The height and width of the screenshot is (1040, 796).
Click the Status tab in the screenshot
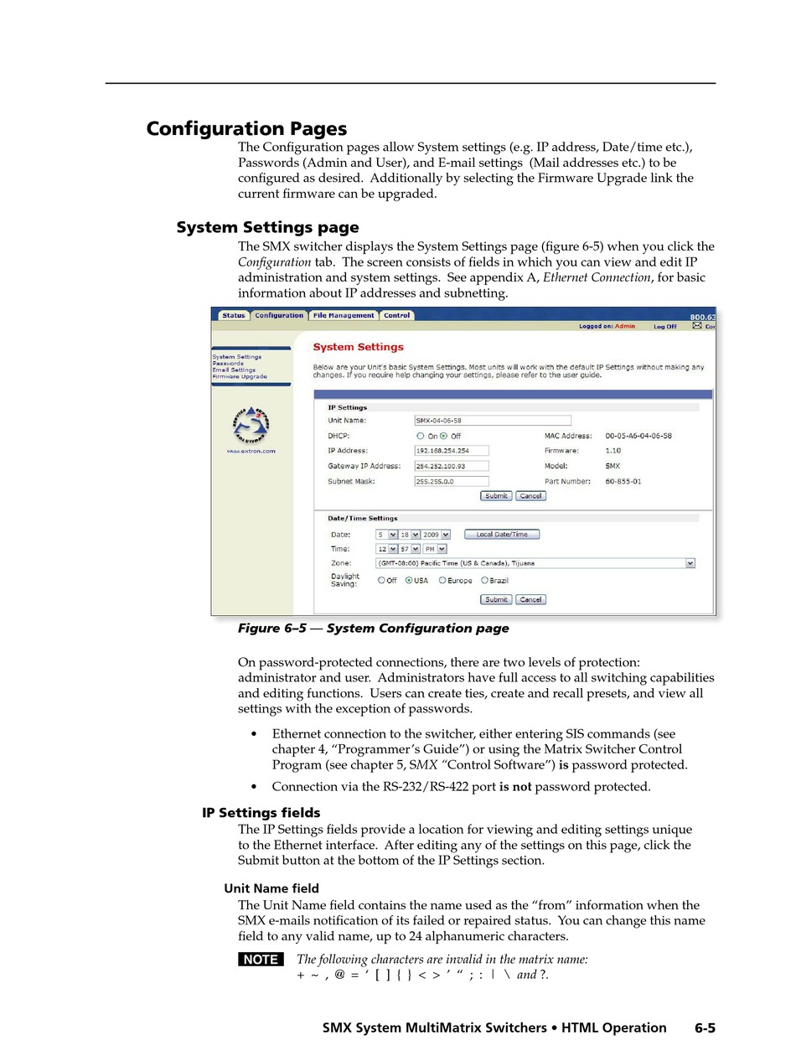point(234,316)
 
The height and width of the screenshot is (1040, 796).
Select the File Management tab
point(344,316)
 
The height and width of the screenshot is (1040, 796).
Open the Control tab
point(396,316)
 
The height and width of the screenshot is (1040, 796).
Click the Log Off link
point(665,326)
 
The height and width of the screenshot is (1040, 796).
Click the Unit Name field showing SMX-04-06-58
point(493,421)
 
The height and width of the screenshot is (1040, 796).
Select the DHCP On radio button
point(421,436)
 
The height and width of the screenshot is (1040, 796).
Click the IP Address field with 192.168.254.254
point(452,451)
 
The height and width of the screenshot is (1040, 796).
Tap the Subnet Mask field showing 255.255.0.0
point(452,482)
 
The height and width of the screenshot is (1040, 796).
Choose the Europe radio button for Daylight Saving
point(442,580)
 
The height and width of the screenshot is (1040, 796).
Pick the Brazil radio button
point(484,580)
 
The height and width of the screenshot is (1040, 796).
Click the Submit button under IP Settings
point(496,496)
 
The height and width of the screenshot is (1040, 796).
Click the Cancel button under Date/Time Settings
point(530,599)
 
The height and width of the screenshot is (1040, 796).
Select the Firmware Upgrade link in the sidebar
point(240,376)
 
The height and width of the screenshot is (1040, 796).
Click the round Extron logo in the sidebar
point(251,426)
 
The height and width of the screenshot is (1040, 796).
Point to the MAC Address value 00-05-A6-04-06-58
point(638,436)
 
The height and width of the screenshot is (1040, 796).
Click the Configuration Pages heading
point(246,129)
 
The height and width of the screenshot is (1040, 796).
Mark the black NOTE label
point(261,960)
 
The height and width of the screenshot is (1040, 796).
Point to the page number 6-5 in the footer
point(705,1027)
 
